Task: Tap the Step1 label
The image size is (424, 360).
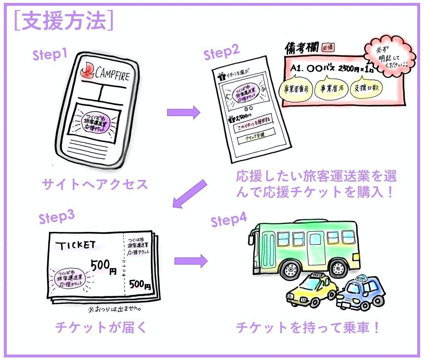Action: [x=50, y=54]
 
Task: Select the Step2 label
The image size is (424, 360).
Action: [x=221, y=52]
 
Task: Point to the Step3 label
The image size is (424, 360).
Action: [x=56, y=217]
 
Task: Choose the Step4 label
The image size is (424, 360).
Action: [x=229, y=220]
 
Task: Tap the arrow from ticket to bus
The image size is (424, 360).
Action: [x=191, y=261]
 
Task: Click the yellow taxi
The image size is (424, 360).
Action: [x=311, y=290]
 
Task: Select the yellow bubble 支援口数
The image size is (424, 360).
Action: [x=366, y=88]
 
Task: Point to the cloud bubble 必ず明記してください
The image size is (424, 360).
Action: [x=389, y=57]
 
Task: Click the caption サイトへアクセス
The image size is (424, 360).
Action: [x=95, y=184]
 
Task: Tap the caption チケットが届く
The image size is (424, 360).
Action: [x=100, y=327]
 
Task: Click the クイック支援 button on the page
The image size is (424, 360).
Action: [x=256, y=136]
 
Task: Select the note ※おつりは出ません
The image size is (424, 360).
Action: [x=114, y=309]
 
